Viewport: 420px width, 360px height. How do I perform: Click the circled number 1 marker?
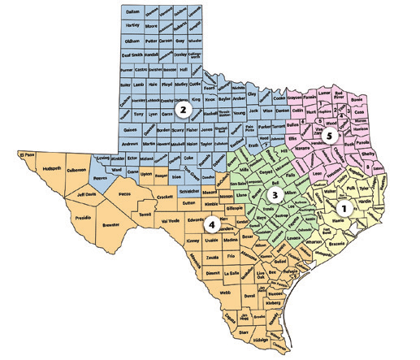click(343, 208)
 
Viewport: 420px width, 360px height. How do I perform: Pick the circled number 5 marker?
click(329, 137)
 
